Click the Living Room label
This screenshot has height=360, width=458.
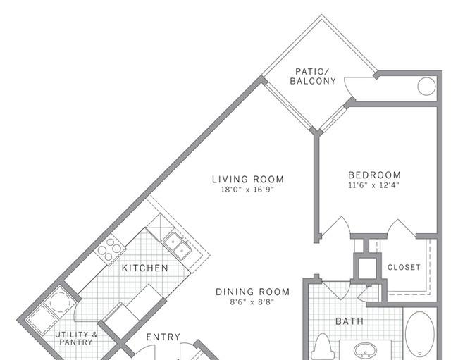(248, 179)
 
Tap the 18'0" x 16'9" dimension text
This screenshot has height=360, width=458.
(248, 190)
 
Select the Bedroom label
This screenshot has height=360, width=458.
(374, 175)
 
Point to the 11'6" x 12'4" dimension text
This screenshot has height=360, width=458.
(374, 185)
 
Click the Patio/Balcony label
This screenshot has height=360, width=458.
(313, 76)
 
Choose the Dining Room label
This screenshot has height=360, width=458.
(253, 292)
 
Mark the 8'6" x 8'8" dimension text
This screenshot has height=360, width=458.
(252, 302)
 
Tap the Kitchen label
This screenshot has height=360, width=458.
(145, 268)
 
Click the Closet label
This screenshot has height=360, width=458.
(404, 267)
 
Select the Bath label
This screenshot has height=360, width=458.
(349, 321)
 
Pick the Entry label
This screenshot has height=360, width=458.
(163, 337)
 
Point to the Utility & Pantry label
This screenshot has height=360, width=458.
(76, 338)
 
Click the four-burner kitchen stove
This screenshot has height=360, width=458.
(109, 249)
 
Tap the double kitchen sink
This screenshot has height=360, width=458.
(178, 247)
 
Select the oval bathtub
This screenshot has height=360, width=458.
(420, 335)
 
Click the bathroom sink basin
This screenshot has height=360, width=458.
(365, 349)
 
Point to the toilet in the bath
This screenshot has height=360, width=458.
(323, 347)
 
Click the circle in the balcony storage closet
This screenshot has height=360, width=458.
(426, 87)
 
